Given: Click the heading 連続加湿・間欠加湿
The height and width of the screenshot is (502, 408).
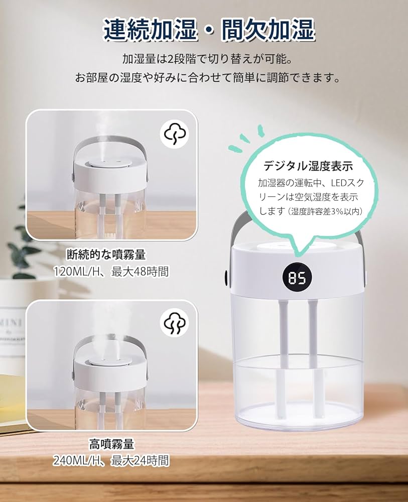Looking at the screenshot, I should pos(209,30).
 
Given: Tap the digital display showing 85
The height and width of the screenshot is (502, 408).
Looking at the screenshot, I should pos(297,277).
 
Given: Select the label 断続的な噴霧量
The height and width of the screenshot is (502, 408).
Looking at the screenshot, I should pos(110,255).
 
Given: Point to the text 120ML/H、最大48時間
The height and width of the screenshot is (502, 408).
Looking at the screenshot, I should pos(111,272).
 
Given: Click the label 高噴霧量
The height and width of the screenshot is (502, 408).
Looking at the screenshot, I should pos(111,444).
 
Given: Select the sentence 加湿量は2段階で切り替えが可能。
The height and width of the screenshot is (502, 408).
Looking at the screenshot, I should pos(207,59).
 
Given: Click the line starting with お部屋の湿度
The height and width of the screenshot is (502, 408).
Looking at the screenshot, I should pos(207,78).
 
